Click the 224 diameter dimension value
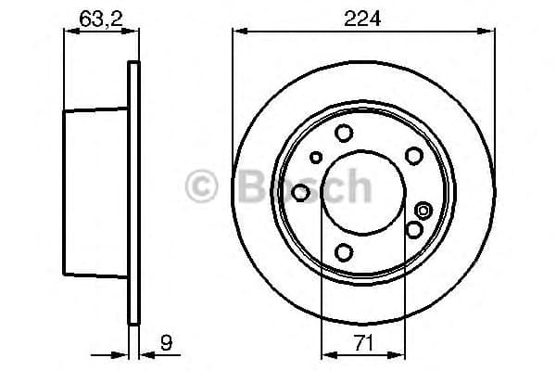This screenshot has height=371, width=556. [363, 16]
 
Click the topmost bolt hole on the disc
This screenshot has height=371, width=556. [344, 133]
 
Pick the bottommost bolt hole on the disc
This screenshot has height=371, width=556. [344, 251]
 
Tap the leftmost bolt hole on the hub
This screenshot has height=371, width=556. [301, 192]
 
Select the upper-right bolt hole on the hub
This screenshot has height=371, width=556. [414, 155]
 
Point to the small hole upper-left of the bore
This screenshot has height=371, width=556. [317, 157]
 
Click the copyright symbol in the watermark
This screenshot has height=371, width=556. [205, 186]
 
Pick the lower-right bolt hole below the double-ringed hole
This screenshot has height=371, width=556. [413, 228]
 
